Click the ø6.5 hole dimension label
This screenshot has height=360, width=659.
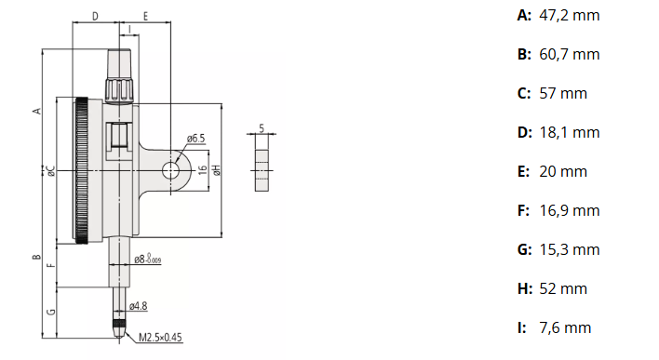(195, 139)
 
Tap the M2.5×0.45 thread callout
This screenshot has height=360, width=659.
(160, 338)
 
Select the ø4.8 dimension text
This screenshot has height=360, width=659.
(139, 306)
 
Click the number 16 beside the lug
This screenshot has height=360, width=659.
(203, 169)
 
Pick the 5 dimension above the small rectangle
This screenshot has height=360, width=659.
(262, 127)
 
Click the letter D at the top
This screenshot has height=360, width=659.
(95, 17)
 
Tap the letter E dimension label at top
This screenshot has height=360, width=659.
(145, 17)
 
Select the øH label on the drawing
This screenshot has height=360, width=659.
(216, 169)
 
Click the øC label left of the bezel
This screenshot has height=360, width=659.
(51, 170)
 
